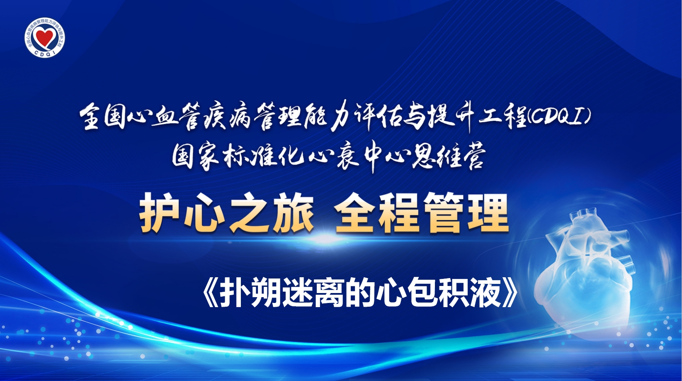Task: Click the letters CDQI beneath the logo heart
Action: [45, 52]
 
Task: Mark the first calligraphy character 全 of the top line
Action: [91, 117]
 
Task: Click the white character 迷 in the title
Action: [297, 293]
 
